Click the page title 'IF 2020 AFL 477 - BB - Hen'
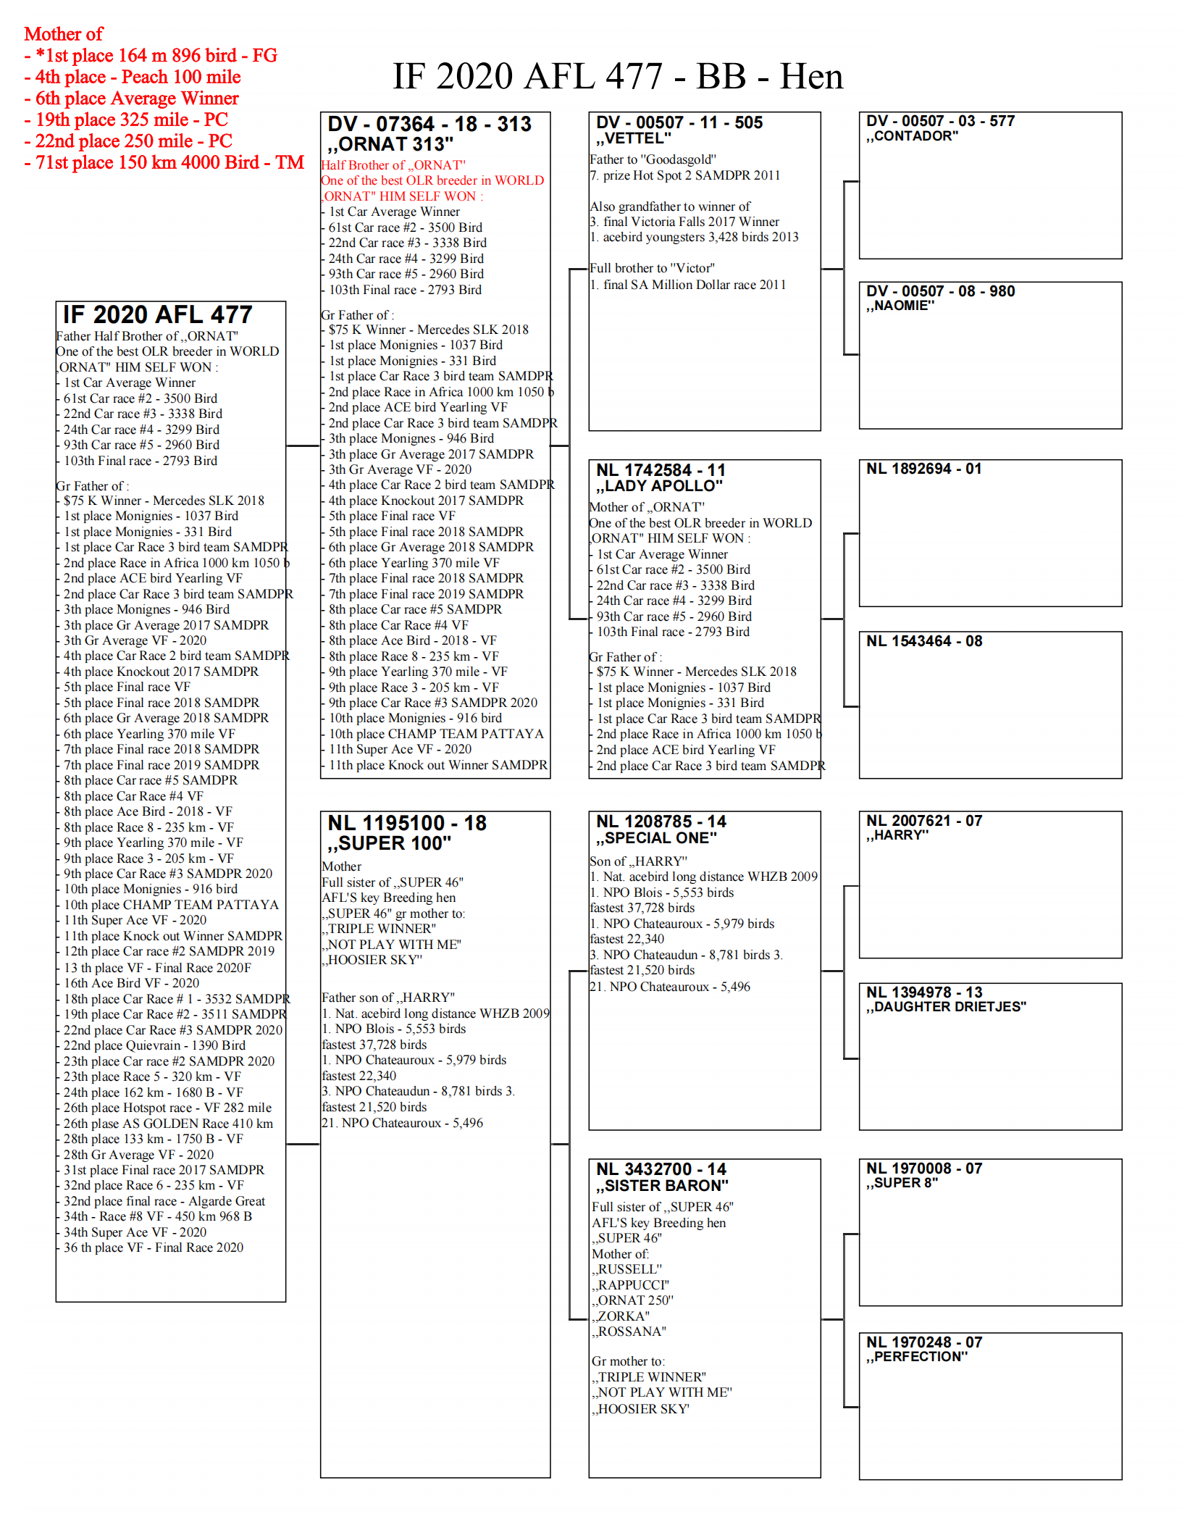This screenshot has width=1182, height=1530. (x=617, y=77)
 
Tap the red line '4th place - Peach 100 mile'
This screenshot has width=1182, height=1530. (x=138, y=78)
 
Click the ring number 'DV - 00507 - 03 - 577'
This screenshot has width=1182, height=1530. (x=940, y=121)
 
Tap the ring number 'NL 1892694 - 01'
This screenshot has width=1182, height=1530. (x=923, y=469)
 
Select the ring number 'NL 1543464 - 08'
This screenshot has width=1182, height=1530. (x=924, y=641)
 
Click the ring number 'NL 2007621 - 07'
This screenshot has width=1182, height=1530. (x=924, y=821)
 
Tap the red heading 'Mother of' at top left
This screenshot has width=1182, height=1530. (x=64, y=34)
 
